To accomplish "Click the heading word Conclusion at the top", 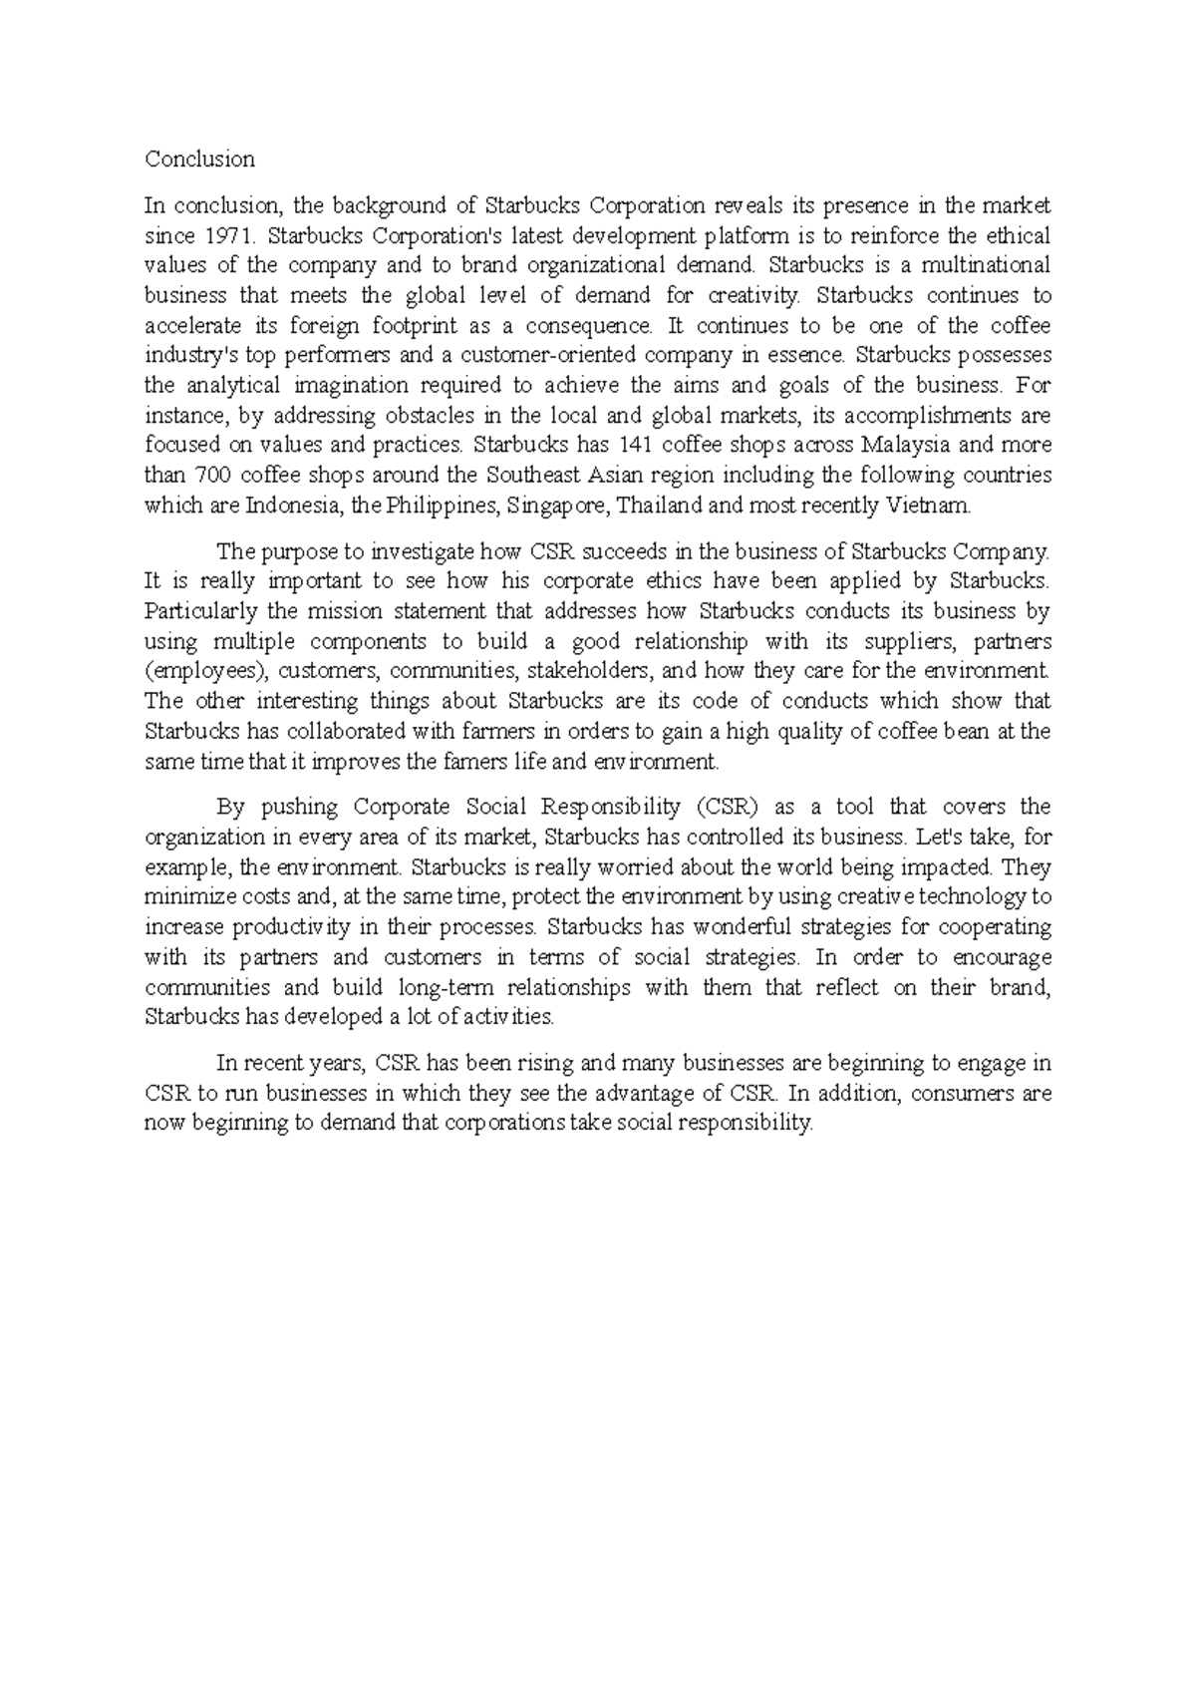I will pyautogui.click(x=199, y=160).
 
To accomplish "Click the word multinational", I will pyautogui.click(x=986, y=265).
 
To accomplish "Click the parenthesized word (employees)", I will pyautogui.click(x=203, y=670).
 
